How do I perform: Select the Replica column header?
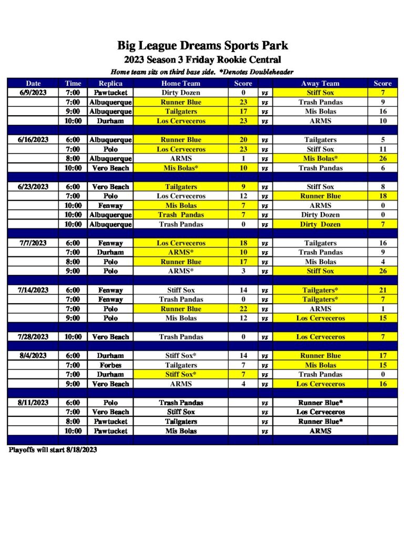[110, 83]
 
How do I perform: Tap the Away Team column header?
[320, 83]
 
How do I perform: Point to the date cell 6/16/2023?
[34, 140]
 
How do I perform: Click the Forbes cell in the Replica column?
[110, 365]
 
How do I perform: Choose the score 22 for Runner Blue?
[243, 309]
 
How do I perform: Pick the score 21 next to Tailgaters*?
[382, 290]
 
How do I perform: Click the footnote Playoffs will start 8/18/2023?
[53, 450]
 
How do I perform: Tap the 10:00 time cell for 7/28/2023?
[73, 337]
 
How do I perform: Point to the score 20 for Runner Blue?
[243, 140]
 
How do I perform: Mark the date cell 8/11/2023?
[34, 403]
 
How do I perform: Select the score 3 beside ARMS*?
[243, 271]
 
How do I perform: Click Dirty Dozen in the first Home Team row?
[180, 93]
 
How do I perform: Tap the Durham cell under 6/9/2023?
[110, 121]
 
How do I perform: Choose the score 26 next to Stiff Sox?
[382, 271]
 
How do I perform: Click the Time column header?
[73, 83]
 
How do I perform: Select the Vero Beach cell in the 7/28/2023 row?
[110, 337]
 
